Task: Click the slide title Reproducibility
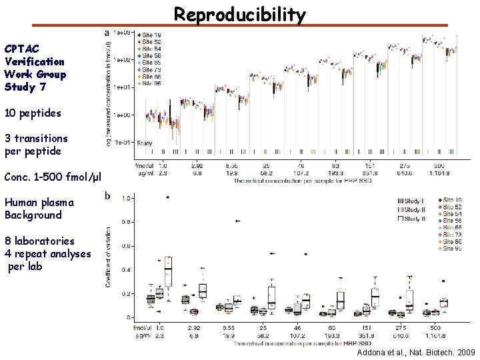click(x=240, y=15)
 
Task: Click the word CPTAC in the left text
click(x=21, y=49)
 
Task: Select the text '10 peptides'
click(x=33, y=113)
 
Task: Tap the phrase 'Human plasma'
click(x=39, y=202)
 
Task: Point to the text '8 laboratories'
click(x=39, y=241)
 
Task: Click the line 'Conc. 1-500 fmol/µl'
click(x=53, y=177)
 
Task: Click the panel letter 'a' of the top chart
click(x=108, y=31)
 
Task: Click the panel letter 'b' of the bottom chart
click(x=108, y=196)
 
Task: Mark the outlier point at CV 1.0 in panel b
click(x=167, y=197)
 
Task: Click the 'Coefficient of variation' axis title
click(x=109, y=257)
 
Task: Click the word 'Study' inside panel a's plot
click(x=144, y=143)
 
